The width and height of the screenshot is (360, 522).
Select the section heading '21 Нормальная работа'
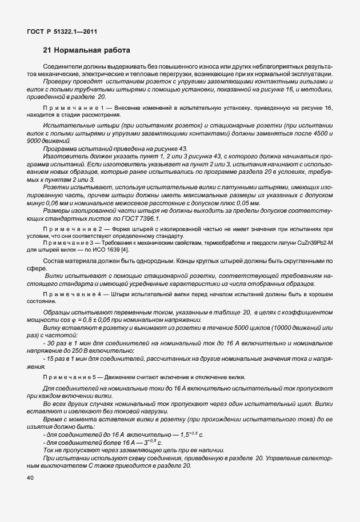(x=87, y=50)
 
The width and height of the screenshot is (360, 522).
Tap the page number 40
(x=30, y=478)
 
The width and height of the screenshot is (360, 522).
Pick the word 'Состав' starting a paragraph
(x=54, y=261)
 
